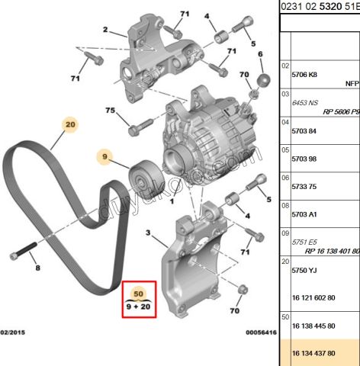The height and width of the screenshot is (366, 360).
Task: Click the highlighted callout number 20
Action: point(70,124)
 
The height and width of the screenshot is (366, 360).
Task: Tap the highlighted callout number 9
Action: point(103,158)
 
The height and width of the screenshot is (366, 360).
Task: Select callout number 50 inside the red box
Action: point(138,293)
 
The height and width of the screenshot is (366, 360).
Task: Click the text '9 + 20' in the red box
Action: point(138,306)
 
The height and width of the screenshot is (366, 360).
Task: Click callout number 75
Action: point(110,111)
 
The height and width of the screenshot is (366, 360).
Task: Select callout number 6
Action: point(260,54)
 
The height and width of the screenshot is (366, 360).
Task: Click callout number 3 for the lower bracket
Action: point(149,232)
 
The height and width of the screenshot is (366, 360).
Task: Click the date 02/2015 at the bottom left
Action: point(14,333)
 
